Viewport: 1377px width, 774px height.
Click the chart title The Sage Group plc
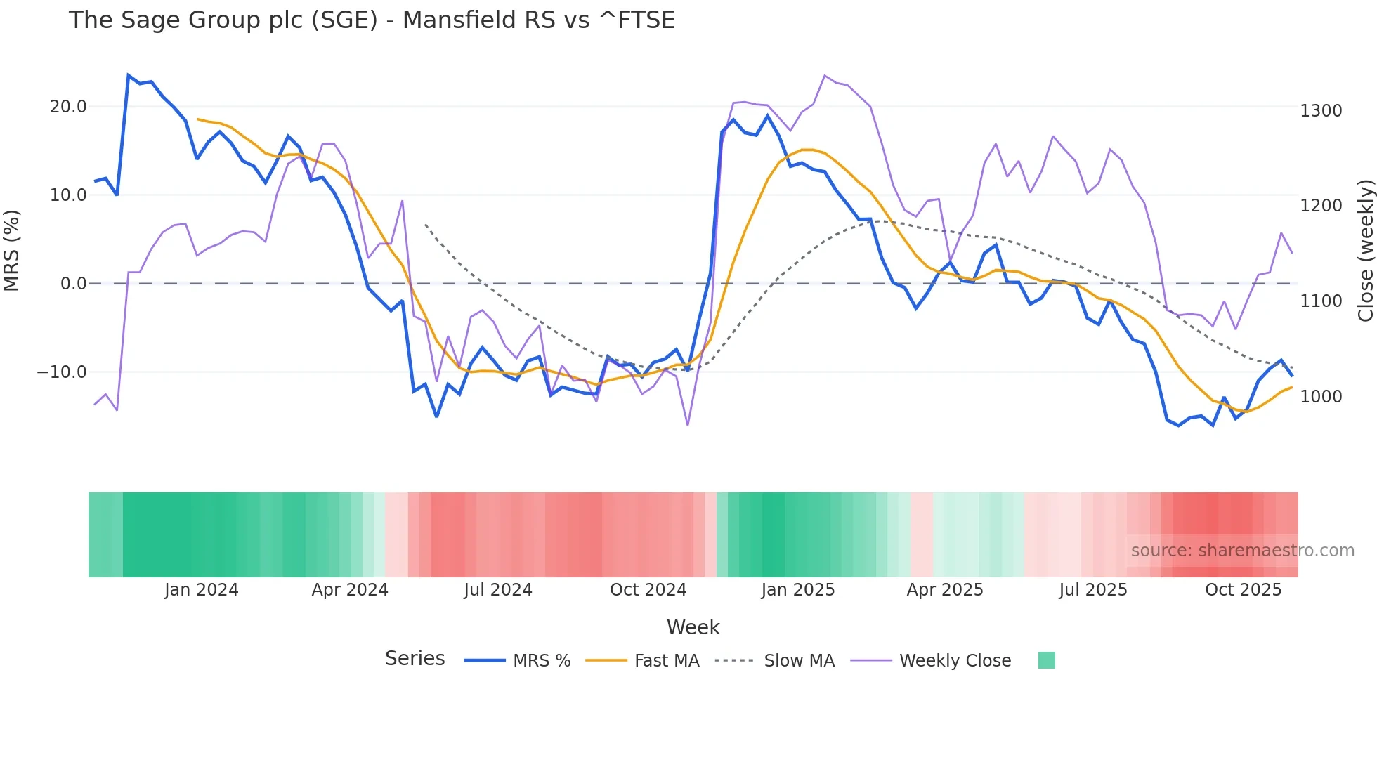371,20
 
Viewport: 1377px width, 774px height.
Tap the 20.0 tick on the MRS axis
68,107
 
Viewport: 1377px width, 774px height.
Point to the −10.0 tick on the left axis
62,372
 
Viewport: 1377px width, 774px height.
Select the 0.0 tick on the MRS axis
73,284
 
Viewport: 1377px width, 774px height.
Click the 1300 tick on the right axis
1321,111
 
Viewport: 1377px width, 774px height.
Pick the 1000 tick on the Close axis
1321,397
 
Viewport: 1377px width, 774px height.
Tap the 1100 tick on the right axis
1321,301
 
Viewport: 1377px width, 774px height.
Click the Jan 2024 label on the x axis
202,590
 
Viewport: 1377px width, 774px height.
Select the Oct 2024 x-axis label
648,590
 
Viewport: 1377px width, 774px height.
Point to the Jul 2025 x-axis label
1093,590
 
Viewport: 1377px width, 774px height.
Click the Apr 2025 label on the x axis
945,590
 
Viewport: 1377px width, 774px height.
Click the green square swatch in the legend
1046,660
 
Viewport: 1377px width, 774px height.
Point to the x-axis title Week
693,627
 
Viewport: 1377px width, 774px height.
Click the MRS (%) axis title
12,250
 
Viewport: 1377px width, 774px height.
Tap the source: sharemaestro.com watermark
1242,551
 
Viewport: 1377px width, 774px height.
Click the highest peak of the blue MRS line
129,75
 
